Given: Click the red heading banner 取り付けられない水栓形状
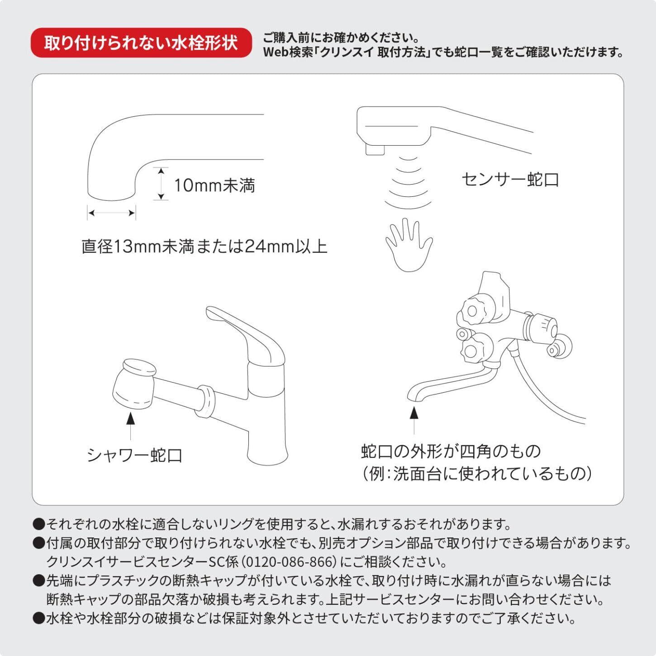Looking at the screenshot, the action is tap(141, 43).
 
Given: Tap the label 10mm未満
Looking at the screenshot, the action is tap(214, 186).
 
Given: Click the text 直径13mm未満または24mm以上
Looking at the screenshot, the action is tap(204, 247).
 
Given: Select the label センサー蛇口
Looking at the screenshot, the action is tap(510, 180).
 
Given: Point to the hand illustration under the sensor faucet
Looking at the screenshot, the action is tap(409, 245).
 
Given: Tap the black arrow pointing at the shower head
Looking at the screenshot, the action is tap(130, 426).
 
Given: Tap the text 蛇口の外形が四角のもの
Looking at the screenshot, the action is tap(451, 452).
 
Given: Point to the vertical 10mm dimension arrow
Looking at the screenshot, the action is tap(162, 184).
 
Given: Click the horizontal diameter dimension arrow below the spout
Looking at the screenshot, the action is tap(112, 213).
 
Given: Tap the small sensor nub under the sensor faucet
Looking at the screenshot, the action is tap(375, 149).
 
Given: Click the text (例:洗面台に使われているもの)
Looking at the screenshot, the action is tap(476, 474).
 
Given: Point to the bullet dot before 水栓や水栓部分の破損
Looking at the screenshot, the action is tap(39, 618).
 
